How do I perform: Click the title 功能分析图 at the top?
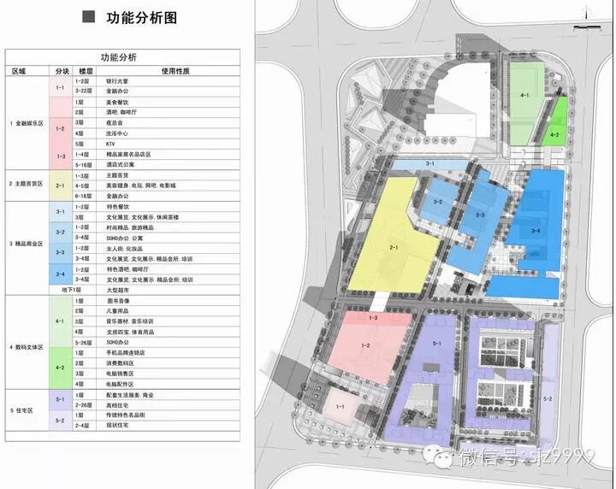pos(142,17)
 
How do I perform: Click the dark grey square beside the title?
pos(88,17)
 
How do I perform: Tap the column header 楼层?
pos(85,72)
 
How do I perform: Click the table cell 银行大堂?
pos(119,80)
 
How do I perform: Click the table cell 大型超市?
pos(119,291)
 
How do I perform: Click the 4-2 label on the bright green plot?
pos(554,134)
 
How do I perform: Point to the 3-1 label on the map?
pos(430,162)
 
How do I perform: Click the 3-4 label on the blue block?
pos(536,230)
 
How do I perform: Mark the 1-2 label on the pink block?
pos(364,345)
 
